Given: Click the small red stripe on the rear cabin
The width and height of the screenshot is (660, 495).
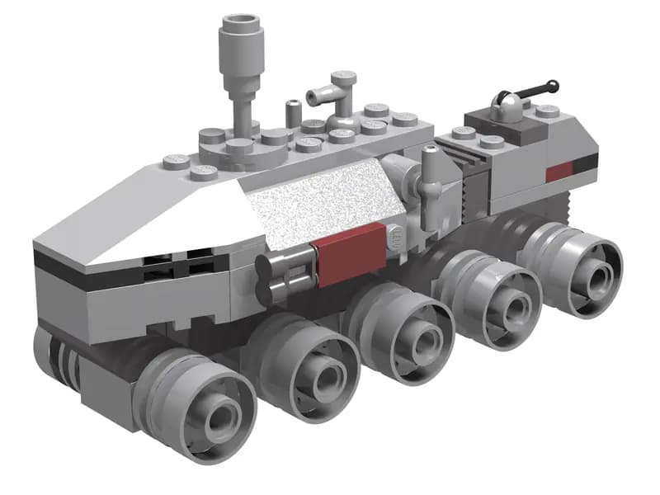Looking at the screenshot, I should [559, 171].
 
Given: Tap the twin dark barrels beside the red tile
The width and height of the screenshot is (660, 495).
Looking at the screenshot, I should [282, 276].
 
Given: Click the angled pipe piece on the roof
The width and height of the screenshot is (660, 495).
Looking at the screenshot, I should [335, 91].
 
